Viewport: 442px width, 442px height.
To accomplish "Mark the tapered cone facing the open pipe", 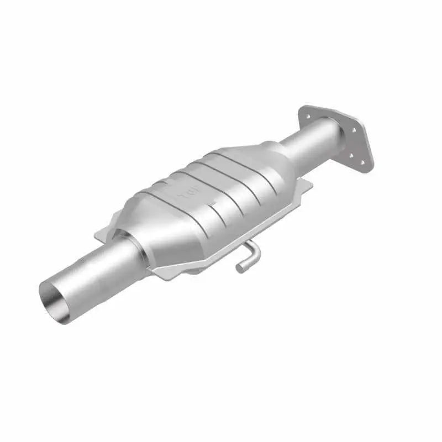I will (x=144, y=232).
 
